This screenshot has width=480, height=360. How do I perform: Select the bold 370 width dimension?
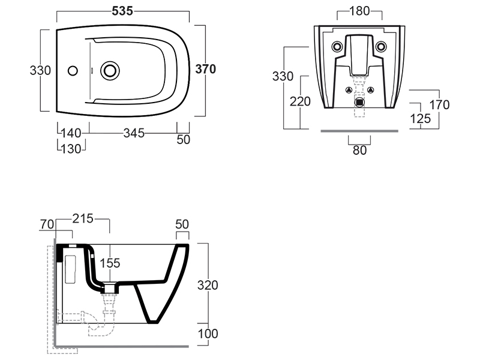[x=206, y=68]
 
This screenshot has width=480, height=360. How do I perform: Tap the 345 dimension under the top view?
[x=134, y=133]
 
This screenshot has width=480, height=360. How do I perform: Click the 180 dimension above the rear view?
[x=359, y=11]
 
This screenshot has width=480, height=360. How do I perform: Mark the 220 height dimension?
[x=300, y=101]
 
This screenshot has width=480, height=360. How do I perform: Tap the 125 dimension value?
[x=421, y=119]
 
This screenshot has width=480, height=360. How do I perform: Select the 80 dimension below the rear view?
[x=359, y=150]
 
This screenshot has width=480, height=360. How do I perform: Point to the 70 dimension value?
[x=47, y=224]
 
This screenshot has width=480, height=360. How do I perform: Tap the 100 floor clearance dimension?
[x=208, y=333]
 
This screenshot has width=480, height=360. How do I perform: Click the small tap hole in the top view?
[x=73, y=70]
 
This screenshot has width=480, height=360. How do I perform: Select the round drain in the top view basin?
[x=110, y=70]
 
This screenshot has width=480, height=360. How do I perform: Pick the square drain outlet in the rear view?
[x=359, y=101]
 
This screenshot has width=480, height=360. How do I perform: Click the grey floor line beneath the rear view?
[x=359, y=130]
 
